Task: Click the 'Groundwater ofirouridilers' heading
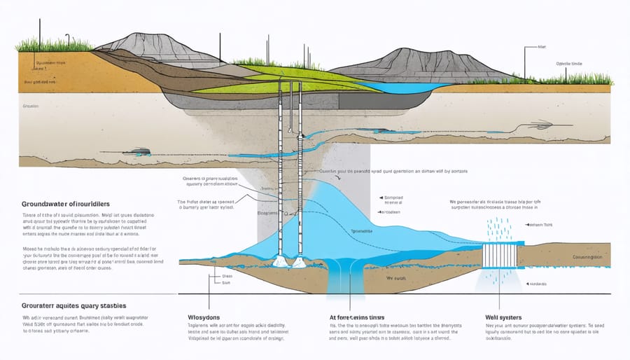tap(63, 202)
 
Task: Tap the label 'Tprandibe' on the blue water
tap(360, 229)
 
